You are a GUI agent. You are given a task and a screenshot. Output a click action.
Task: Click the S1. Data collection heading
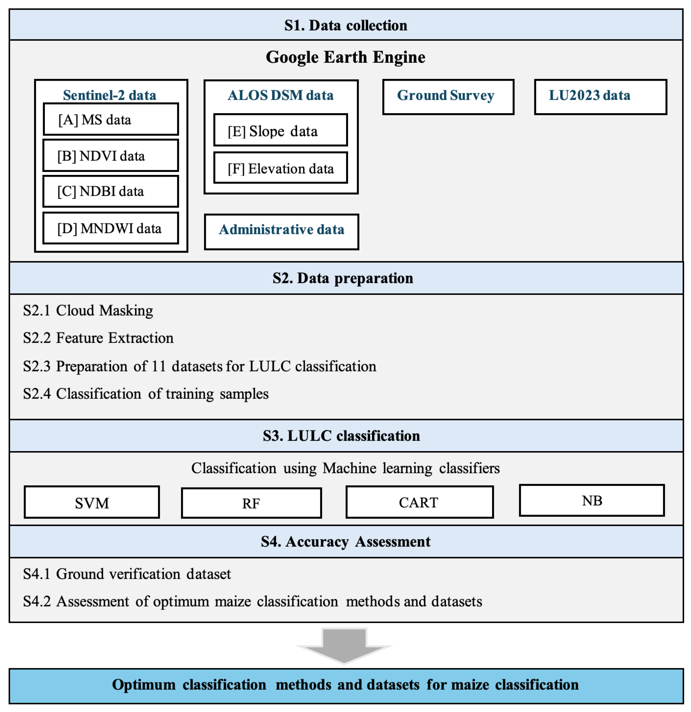point(346,25)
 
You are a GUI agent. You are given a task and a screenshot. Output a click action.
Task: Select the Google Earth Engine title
point(346,57)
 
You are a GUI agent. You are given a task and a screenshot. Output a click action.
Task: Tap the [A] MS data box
point(111,120)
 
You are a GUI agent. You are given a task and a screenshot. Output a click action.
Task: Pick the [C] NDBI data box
point(111,192)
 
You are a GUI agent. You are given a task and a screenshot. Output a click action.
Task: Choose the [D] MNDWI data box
point(111,228)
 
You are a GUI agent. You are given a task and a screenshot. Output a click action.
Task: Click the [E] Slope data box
point(280,131)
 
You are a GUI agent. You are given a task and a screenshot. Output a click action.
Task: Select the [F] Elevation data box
point(280,169)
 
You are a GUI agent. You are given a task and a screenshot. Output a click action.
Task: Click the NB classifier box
point(592,501)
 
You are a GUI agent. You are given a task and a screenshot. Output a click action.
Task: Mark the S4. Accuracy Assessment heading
point(346,542)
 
